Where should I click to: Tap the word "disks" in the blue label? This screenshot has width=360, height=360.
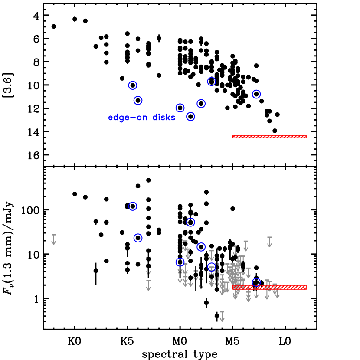click(164, 118)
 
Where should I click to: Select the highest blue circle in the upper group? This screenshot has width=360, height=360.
click(212, 82)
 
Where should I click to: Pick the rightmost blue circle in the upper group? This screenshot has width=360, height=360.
click(256, 94)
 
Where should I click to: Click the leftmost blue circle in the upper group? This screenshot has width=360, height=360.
click(133, 85)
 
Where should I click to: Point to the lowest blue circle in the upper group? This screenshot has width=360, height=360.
click(190, 116)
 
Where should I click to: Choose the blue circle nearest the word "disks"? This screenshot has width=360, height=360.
click(180, 108)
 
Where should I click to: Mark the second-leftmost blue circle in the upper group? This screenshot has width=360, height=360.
click(138, 101)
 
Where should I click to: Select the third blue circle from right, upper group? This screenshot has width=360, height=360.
click(201, 104)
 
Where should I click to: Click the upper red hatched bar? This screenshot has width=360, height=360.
click(269, 137)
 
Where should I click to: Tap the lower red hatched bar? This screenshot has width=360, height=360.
click(269, 287)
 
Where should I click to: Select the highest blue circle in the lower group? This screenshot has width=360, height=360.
click(133, 206)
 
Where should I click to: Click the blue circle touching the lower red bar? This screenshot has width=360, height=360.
click(256, 282)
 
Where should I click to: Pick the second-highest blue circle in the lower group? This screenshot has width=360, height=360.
click(190, 222)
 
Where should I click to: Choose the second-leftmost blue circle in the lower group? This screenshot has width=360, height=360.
click(138, 238)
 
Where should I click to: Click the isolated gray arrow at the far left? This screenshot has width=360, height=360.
click(54, 239)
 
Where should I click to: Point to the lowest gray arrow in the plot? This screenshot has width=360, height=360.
click(222, 316)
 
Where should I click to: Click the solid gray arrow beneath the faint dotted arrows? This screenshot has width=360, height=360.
click(148, 285)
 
